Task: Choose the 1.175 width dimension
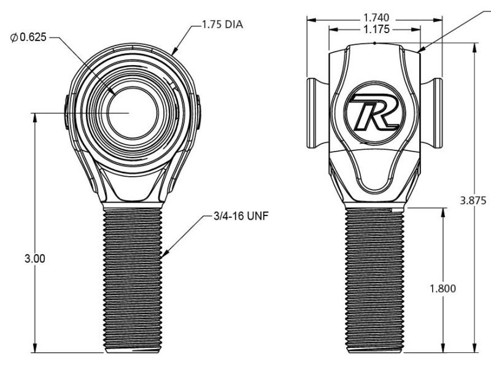[x=374, y=28]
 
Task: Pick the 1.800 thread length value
[x=443, y=289]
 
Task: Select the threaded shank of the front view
[x=133, y=279]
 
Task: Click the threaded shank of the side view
[x=373, y=279]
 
